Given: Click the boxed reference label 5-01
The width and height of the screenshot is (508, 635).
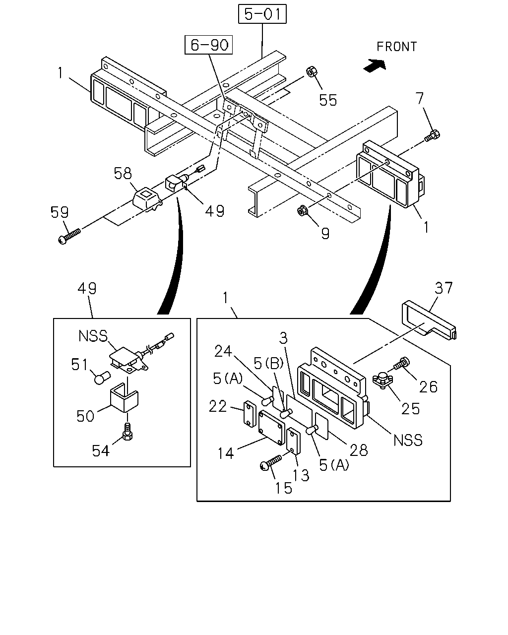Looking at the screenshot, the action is pyautogui.click(x=262, y=14).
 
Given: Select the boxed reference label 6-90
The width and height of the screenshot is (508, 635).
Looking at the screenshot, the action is pyautogui.click(x=209, y=45).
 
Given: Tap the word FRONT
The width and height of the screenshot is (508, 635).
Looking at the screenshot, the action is pyautogui.click(x=396, y=47).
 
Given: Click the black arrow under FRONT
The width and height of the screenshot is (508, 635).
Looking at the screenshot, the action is pyautogui.click(x=375, y=65).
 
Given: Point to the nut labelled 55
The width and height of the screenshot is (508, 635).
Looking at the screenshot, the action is pyautogui.click(x=312, y=72).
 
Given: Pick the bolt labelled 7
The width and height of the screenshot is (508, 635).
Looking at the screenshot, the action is pyautogui.click(x=432, y=136).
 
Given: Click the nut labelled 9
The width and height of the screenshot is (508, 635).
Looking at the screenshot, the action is pyautogui.click(x=302, y=210).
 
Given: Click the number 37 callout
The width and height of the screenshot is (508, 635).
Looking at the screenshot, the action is pyautogui.click(x=444, y=288).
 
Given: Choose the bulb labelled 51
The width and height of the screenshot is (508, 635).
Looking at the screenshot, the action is pyautogui.click(x=102, y=378).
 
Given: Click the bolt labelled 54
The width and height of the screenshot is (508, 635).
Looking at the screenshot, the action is pyautogui.click(x=127, y=432).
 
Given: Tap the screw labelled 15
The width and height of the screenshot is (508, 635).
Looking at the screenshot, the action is pyautogui.click(x=271, y=463).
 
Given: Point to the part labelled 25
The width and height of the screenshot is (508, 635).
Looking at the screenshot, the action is pyautogui.click(x=383, y=381).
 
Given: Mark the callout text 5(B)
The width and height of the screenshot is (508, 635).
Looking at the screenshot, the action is pyautogui.click(x=268, y=363).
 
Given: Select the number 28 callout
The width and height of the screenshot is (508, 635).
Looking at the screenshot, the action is pyautogui.click(x=359, y=450).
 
